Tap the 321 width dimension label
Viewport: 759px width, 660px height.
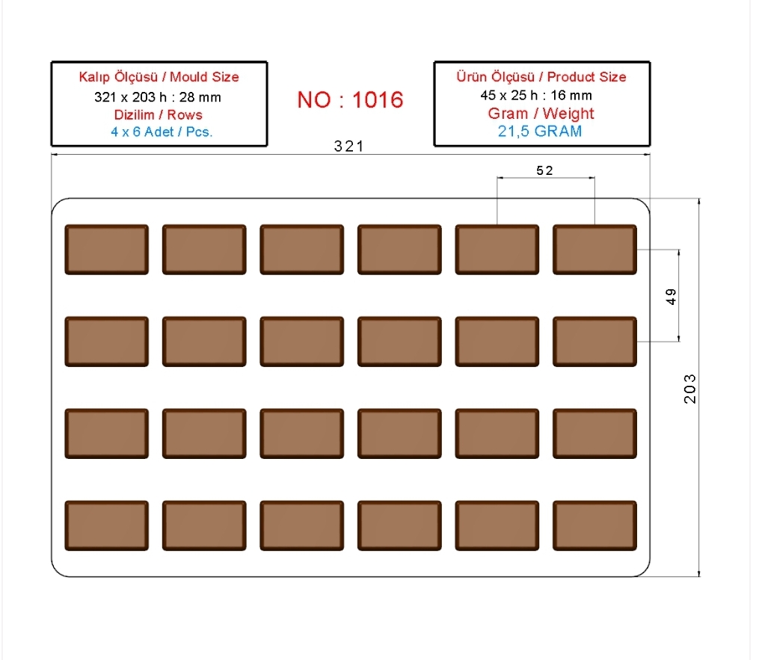(349, 147)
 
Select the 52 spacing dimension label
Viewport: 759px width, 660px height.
(544, 170)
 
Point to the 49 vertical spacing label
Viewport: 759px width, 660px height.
(671, 296)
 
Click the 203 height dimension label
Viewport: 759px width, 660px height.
(689, 389)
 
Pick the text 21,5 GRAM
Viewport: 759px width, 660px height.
(540, 131)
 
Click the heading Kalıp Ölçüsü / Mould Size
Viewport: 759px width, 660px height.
(159, 77)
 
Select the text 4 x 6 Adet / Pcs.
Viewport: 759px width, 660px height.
(162, 132)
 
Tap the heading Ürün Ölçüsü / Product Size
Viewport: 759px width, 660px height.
(541, 77)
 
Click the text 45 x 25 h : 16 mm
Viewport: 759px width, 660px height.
(536, 96)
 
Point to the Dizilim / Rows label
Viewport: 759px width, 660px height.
(159, 114)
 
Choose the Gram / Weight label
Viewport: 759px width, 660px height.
(541, 113)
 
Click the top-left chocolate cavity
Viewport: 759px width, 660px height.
(106, 250)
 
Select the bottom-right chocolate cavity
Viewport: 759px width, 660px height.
(595, 525)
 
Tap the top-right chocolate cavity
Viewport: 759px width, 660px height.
(595, 250)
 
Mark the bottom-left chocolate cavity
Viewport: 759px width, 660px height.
(106, 525)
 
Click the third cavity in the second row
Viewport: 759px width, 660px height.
(302, 342)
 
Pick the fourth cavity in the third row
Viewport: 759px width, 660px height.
(399, 434)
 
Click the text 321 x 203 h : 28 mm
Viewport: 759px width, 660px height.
(158, 97)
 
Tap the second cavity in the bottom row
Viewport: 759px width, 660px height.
(204, 525)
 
